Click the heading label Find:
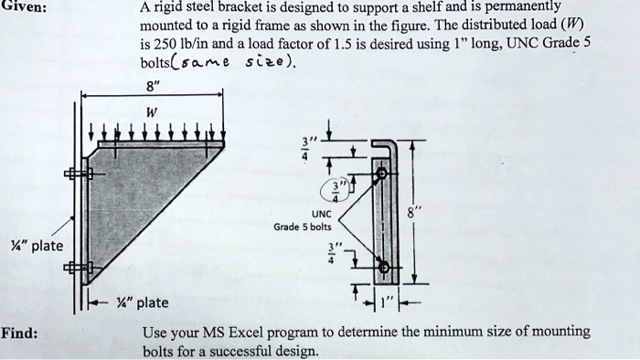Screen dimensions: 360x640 pyautogui.click(x=19, y=332)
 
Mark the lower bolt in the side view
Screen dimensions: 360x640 pyautogui.click(x=383, y=268)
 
